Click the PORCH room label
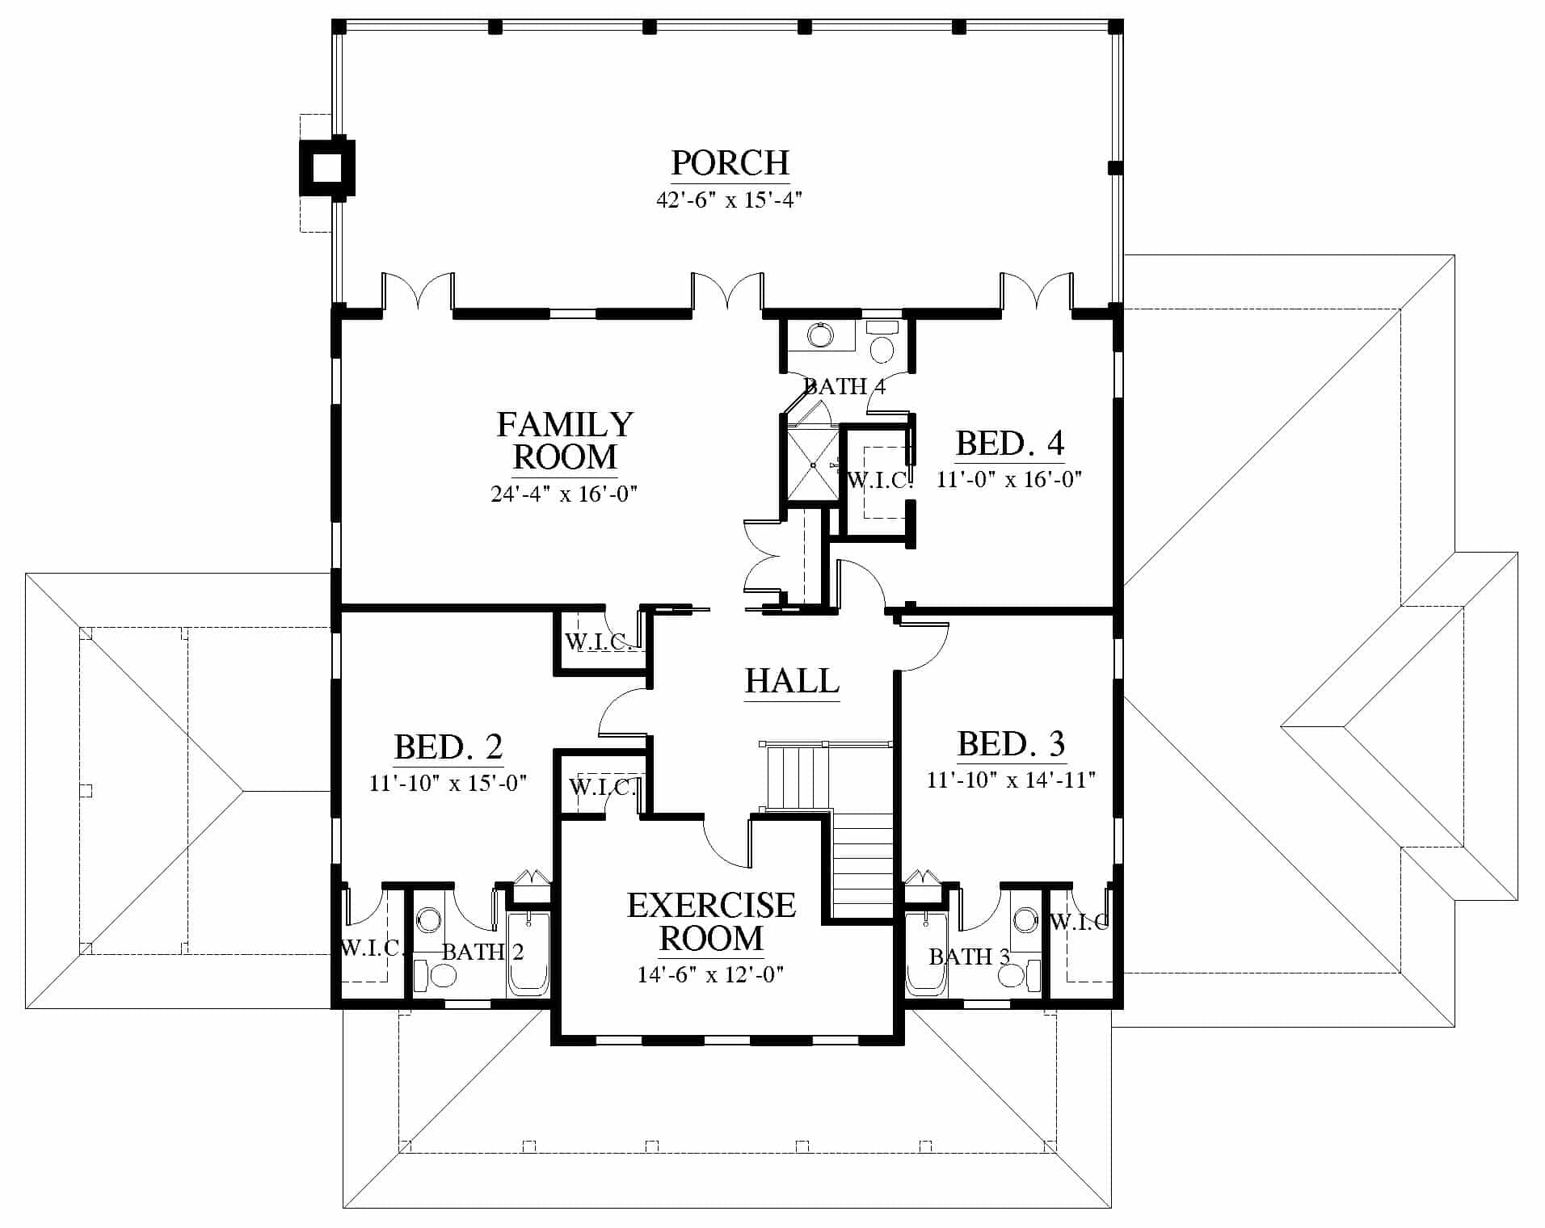[x=730, y=163]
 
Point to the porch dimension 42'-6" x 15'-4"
[x=729, y=200]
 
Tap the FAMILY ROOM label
[x=565, y=440]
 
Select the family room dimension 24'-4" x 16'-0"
[x=564, y=493]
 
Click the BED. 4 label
[x=1010, y=444]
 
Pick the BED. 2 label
[x=448, y=747]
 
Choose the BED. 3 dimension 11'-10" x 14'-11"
[x=1011, y=780]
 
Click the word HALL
[x=792, y=681]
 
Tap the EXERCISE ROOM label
[x=711, y=922]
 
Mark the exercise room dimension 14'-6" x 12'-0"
[x=710, y=974]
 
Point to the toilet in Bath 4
[x=882, y=343]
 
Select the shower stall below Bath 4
[x=811, y=465]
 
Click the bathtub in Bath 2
[x=528, y=955]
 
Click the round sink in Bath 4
[x=820, y=334]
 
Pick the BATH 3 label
[x=969, y=957]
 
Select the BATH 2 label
[x=482, y=953]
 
